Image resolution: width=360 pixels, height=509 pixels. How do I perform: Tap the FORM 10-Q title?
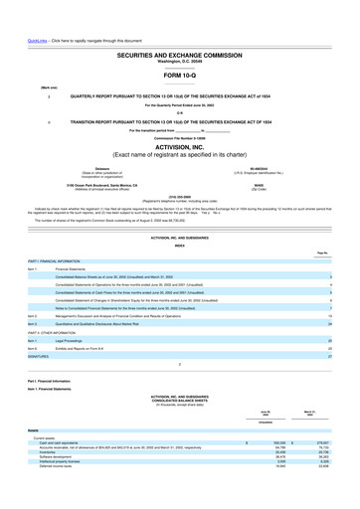[180, 76]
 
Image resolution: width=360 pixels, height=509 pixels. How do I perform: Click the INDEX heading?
[180, 244]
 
